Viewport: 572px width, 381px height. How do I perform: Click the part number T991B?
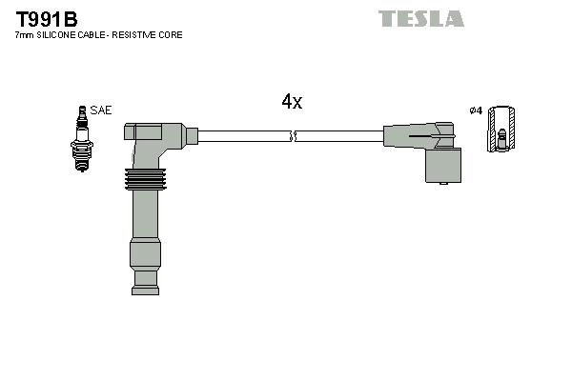point(47,18)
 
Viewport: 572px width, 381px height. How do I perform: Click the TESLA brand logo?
point(420,18)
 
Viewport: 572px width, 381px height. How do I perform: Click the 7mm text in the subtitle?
point(24,35)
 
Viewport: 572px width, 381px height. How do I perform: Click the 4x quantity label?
point(292,102)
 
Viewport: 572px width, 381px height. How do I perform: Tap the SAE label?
point(101,110)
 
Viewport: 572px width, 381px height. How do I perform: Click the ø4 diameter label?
point(476,110)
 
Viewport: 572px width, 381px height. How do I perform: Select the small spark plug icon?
point(80,138)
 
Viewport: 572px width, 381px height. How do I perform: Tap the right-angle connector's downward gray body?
point(441,167)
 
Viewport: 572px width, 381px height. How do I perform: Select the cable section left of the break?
point(243,137)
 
